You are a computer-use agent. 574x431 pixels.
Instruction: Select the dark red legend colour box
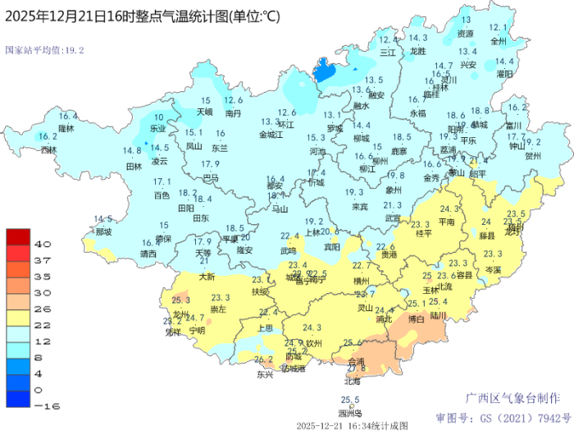point(17,237)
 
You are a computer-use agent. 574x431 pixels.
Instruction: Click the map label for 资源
point(465,34)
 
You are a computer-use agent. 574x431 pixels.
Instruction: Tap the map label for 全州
point(498,39)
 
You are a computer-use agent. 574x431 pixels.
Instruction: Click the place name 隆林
point(66,128)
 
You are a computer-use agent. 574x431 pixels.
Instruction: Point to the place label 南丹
point(233,113)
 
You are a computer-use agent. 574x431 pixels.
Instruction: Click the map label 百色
point(162,195)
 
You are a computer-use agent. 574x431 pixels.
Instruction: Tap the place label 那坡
point(102,232)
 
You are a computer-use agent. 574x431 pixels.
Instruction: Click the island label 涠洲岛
point(350,413)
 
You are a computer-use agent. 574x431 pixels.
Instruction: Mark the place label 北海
point(352,381)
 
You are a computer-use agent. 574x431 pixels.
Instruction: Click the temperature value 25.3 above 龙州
point(181,300)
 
